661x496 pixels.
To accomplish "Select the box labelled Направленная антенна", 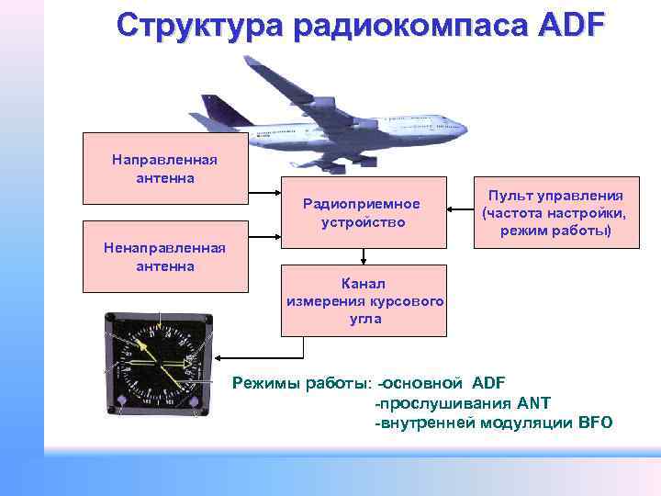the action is point(165,168).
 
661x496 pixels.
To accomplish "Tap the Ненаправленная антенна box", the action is point(165,256).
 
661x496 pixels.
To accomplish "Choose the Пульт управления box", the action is point(555,212).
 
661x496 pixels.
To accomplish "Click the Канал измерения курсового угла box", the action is point(365,299).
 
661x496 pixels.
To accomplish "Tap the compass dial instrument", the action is point(158,365).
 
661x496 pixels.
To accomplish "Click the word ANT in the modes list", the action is point(534,402).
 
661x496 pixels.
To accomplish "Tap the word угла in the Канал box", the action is point(365,320).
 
